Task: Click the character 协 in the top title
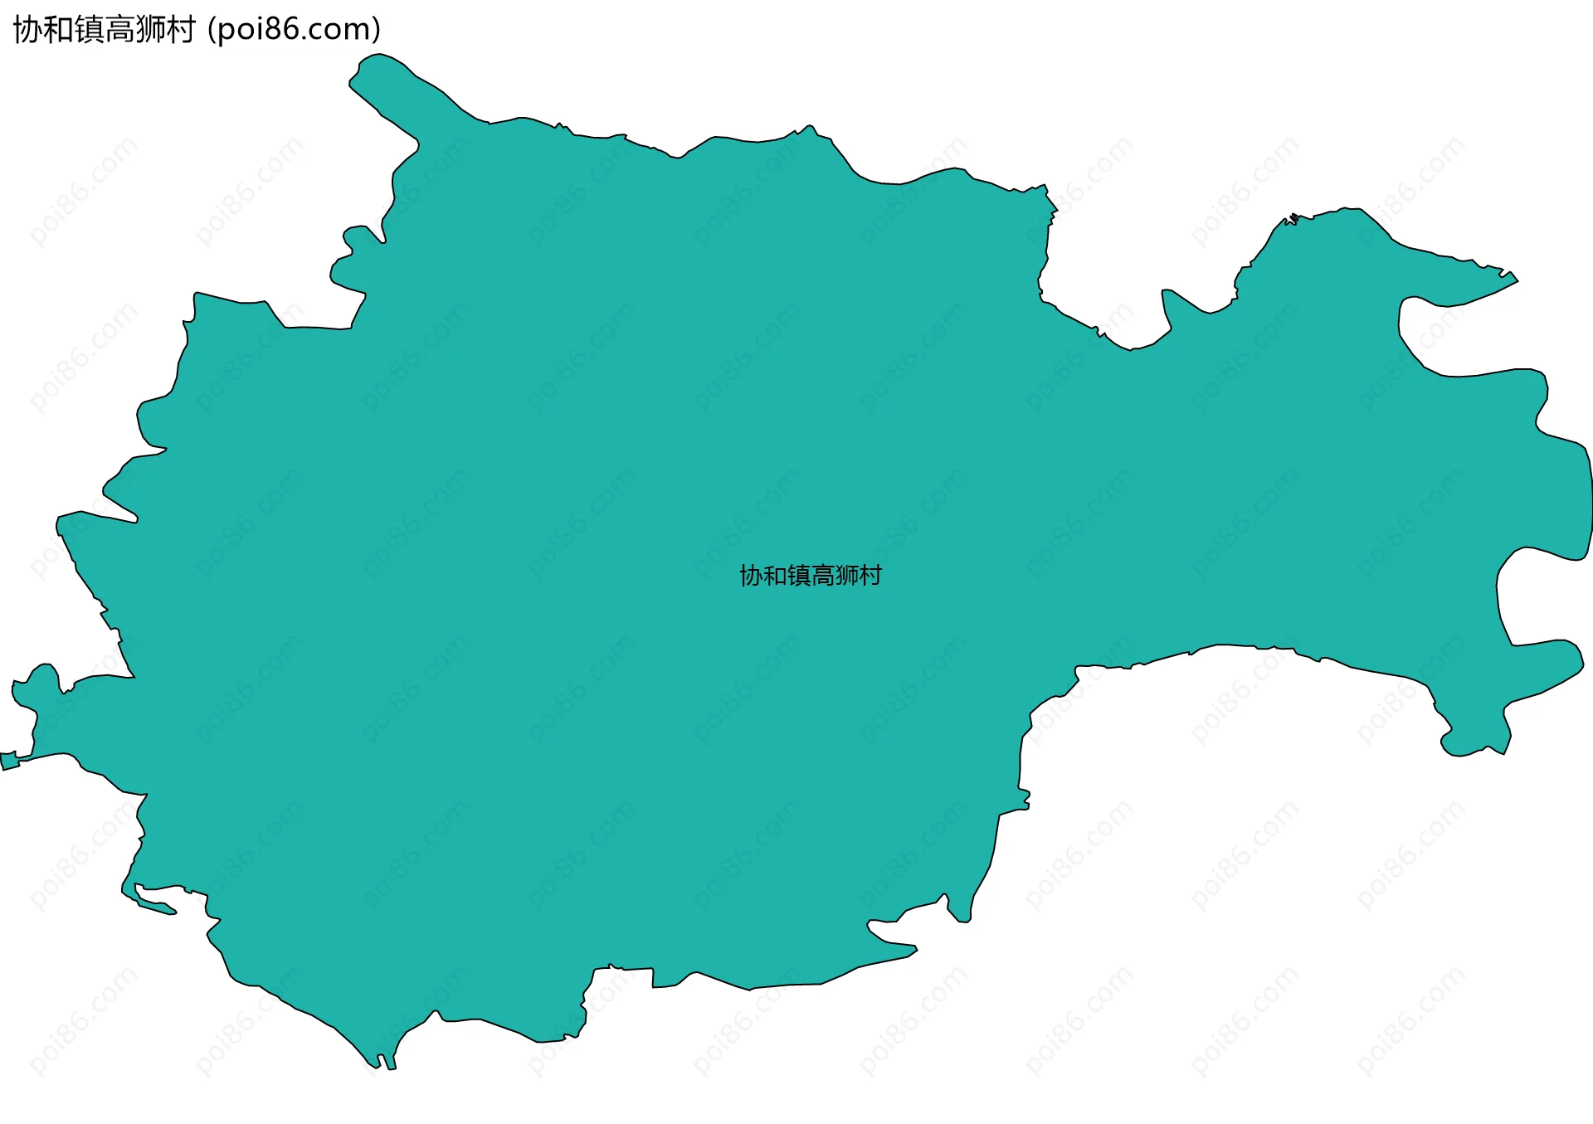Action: tap(28, 30)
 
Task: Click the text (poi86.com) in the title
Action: tap(294, 30)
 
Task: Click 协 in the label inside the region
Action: tap(751, 576)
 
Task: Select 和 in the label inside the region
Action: tap(775, 576)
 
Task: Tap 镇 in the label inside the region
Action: tap(799, 576)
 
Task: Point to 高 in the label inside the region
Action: tap(823, 576)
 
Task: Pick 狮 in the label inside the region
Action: tap(847, 576)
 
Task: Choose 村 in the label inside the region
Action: tap(870, 576)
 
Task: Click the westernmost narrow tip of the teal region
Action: tap(7, 761)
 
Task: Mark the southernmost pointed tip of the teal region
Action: tap(390, 1065)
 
